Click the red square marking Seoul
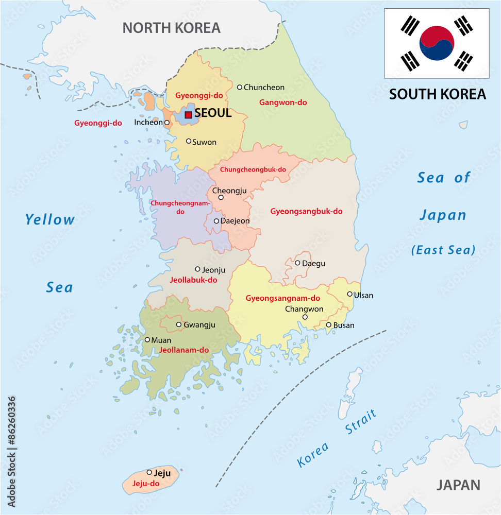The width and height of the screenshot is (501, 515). point(189,115)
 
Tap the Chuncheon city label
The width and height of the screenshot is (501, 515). point(264,88)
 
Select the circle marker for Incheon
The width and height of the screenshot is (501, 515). point(166,123)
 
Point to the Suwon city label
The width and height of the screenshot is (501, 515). point(204,142)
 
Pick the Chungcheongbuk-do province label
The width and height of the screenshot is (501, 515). point(253,169)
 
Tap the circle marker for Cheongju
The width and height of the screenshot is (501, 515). point(221,197)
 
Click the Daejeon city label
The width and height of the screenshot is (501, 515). point(235,221)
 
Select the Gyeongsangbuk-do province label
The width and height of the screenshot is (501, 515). point(306,211)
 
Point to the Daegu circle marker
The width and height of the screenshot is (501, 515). point(297,263)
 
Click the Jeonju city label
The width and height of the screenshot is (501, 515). point(213,270)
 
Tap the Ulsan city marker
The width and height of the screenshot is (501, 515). point(349,294)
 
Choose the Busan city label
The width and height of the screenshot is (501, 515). point(344,325)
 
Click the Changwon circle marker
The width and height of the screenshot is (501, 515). point(305,317)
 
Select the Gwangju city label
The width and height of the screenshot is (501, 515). point(199,325)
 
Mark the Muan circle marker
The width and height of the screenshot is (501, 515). point(147,339)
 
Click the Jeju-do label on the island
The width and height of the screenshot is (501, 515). point(146,484)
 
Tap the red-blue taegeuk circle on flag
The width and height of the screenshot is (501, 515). point(437,43)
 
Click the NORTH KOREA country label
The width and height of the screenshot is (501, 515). point(171,28)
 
